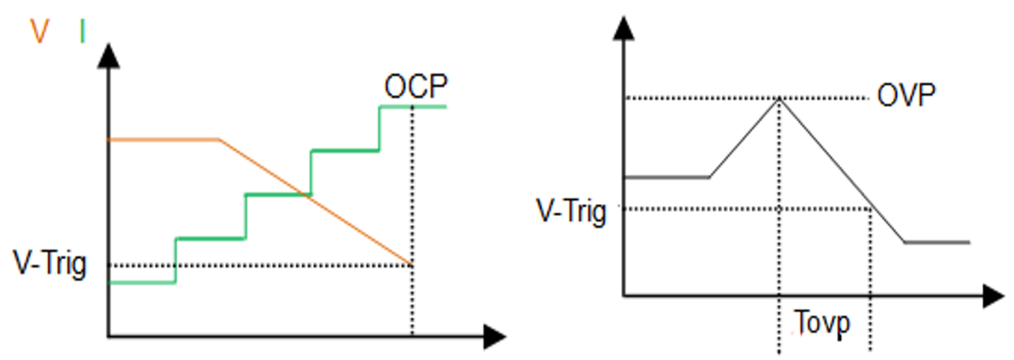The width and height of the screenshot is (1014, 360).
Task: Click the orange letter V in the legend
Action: [39, 32]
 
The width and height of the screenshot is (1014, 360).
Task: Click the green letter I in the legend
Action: [83, 32]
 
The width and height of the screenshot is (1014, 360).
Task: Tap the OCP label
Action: [415, 86]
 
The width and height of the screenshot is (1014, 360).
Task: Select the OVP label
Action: [906, 95]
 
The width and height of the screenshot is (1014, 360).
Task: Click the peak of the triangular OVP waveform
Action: [779, 99]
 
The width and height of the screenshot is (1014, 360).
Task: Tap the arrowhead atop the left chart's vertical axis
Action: [108, 56]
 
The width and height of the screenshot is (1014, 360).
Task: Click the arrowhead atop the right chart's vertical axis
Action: [623, 29]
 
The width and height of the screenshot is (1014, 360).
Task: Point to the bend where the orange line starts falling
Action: [219, 140]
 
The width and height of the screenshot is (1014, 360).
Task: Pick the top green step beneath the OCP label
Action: [413, 107]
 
